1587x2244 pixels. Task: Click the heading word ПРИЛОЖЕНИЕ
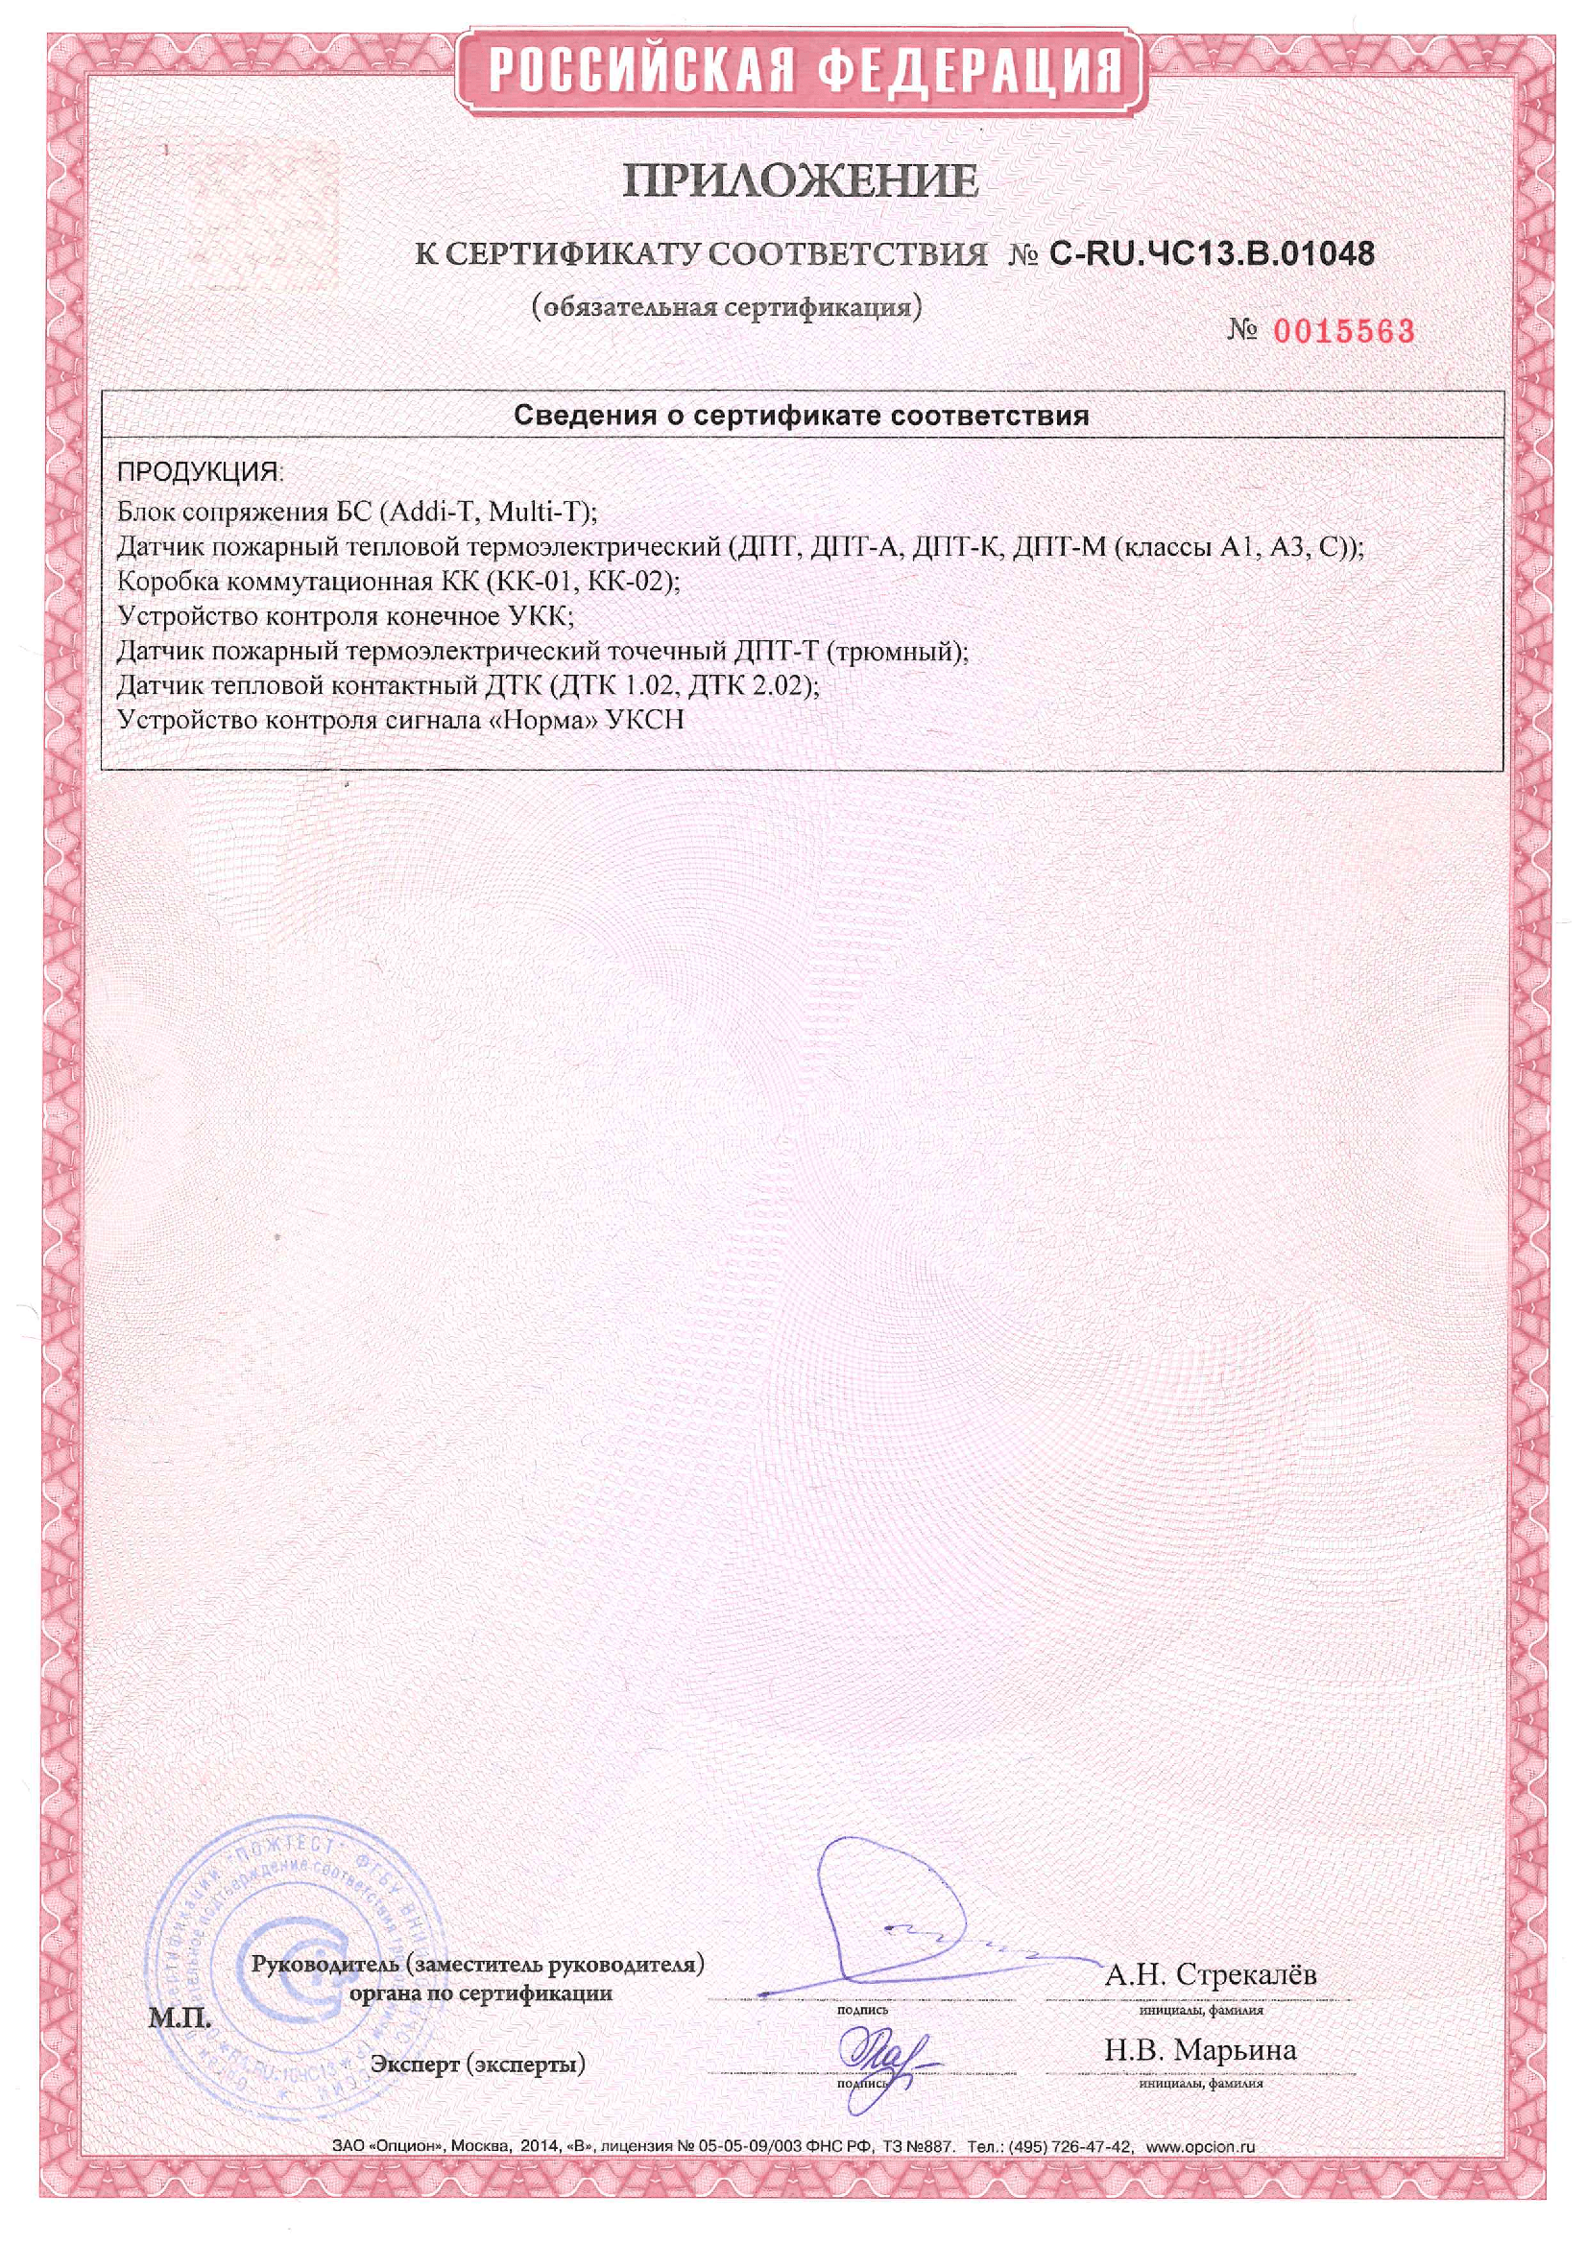pyautogui.click(x=801, y=181)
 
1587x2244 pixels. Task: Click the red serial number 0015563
pyautogui.click(x=1343, y=332)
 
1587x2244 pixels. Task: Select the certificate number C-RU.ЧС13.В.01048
pyautogui.click(x=1212, y=254)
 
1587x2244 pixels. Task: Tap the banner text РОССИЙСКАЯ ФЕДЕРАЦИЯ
pyautogui.click(x=801, y=70)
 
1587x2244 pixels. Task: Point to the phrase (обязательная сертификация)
pyautogui.click(x=727, y=308)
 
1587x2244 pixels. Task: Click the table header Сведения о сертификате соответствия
pyautogui.click(x=801, y=416)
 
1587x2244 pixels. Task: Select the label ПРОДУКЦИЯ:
pyautogui.click(x=200, y=472)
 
